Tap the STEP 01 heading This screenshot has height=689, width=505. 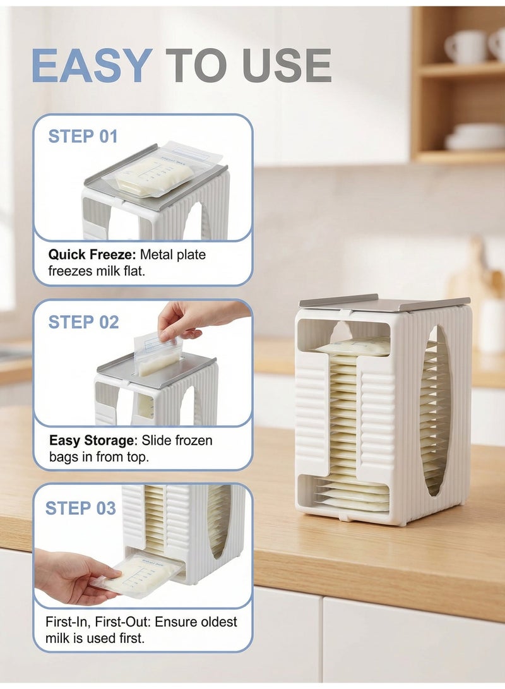click(83, 136)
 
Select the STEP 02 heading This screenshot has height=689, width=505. click(83, 322)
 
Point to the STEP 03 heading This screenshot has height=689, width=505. click(80, 508)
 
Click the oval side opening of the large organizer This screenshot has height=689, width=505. click(435, 410)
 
